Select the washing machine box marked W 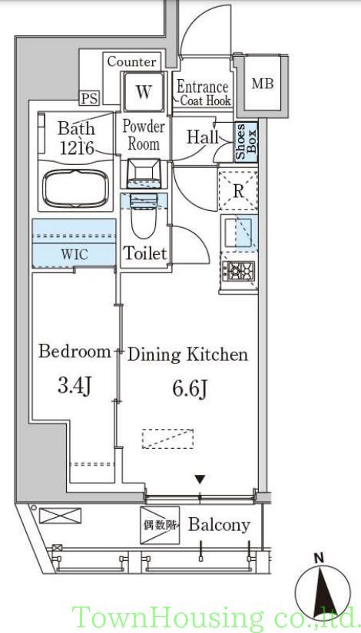coord(144,91)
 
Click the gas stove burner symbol coord(238,271)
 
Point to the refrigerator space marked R coord(238,190)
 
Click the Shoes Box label coord(247,141)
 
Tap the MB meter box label coord(263,84)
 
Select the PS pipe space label coord(89,98)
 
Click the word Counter coord(132,62)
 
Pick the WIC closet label coord(74,255)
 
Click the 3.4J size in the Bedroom coord(75,386)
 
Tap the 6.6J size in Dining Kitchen coord(190,389)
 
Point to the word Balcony coord(219,525)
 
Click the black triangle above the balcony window coord(200,480)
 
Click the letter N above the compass coord(320,559)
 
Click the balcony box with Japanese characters coord(160,525)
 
